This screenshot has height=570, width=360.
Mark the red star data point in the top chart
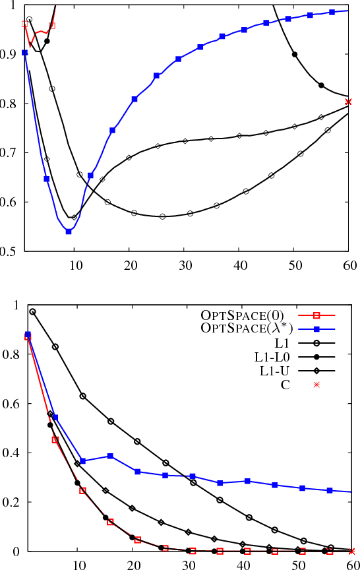click(x=349, y=102)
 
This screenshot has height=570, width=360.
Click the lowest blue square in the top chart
click(x=69, y=232)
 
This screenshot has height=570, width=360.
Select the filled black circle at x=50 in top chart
click(x=295, y=54)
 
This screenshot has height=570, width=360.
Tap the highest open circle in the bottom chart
click(x=32, y=311)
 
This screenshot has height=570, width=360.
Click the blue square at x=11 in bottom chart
click(x=82, y=461)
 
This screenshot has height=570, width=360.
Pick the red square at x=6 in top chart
click(x=52, y=25)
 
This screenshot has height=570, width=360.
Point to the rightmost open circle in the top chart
click(x=328, y=130)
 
